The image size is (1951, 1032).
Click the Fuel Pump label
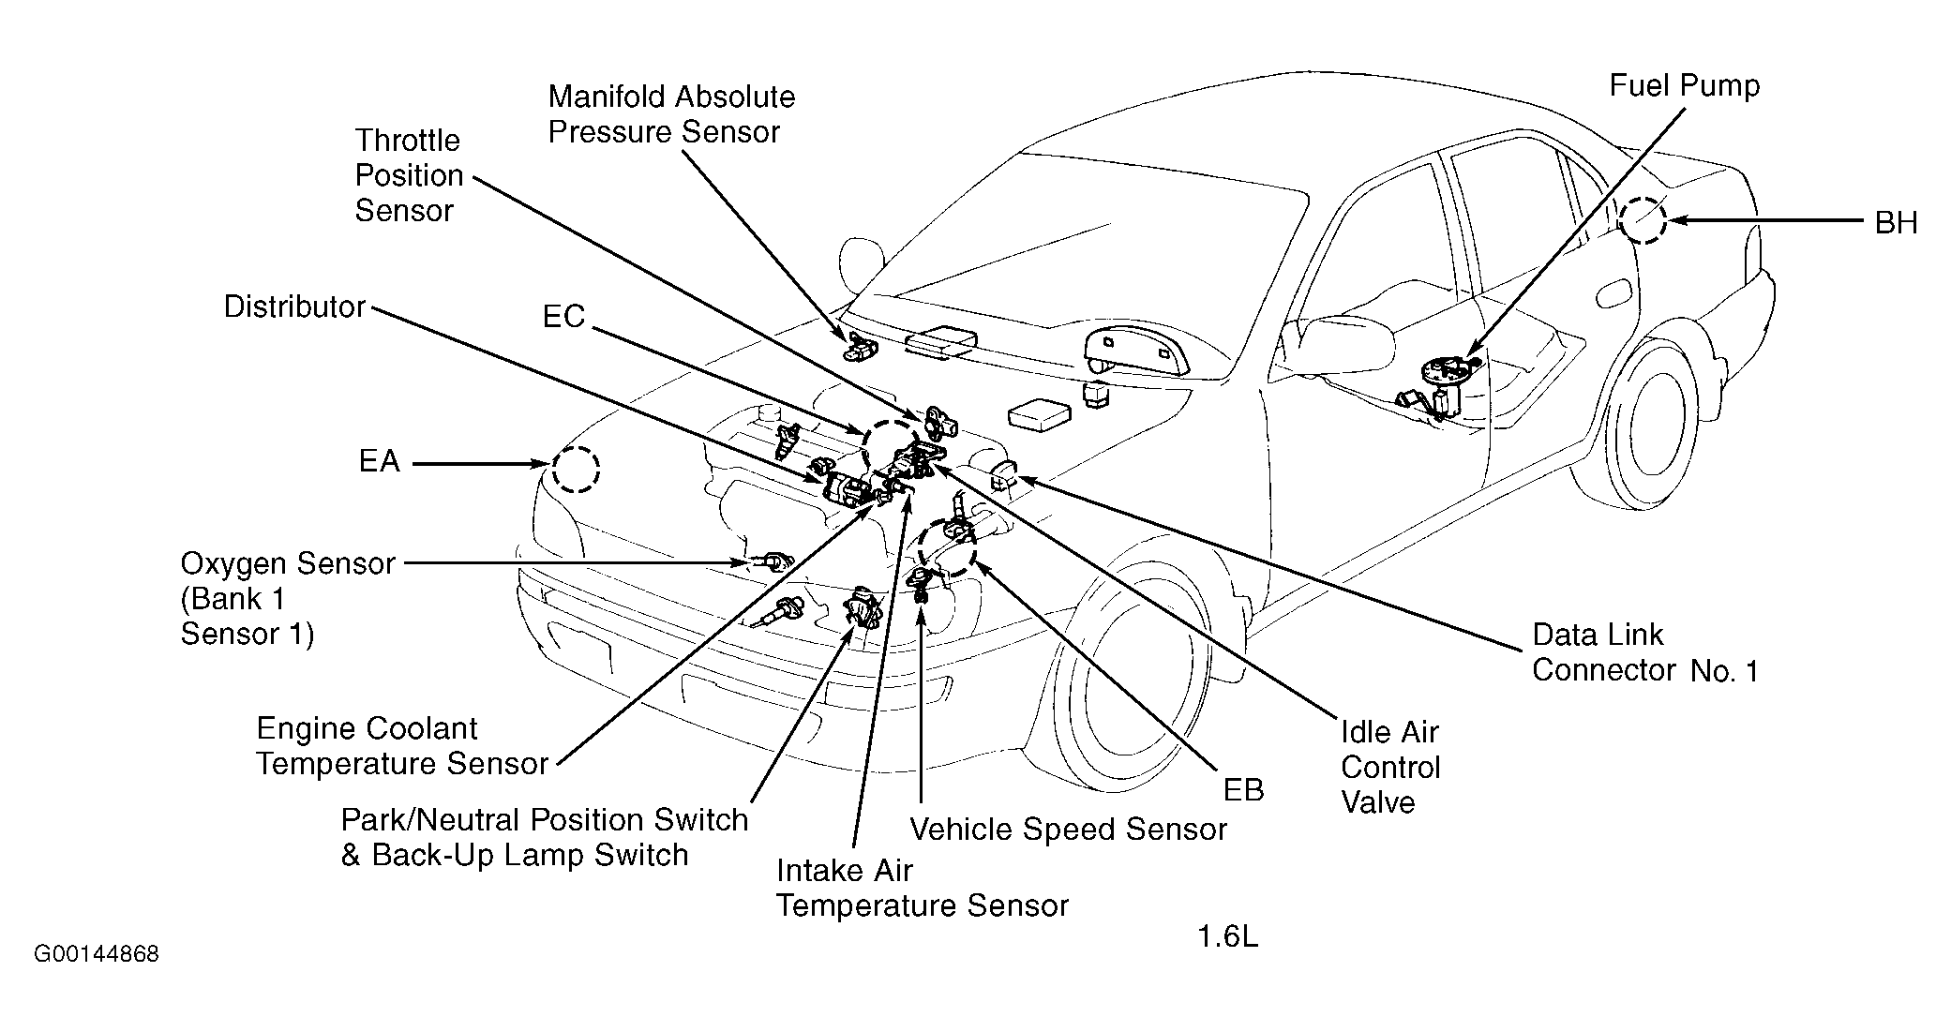[x=1685, y=85]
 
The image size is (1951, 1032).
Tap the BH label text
[x=1896, y=223]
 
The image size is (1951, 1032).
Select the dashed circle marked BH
[x=1643, y=219]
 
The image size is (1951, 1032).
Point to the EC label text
[x=563, y=317]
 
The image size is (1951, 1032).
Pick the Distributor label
[x=294, y=307]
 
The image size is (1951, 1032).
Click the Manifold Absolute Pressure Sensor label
[x=671, y=114]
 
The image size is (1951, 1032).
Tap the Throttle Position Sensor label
[x=409, y=175]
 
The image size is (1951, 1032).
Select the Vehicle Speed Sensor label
[x=1068, y=829]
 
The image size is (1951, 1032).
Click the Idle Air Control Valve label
[x=1389, y=767]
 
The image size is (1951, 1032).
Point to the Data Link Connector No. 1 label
[x=1645, y=652]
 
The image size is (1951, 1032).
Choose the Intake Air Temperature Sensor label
[x=922, y=888]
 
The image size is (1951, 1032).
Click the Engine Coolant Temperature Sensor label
[x=401, y=746]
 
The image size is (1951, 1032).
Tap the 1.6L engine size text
[x=1227, y=937]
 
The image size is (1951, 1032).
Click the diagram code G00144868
[x=97, y=955]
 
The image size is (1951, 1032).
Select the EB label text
[x=1243, y=790]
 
